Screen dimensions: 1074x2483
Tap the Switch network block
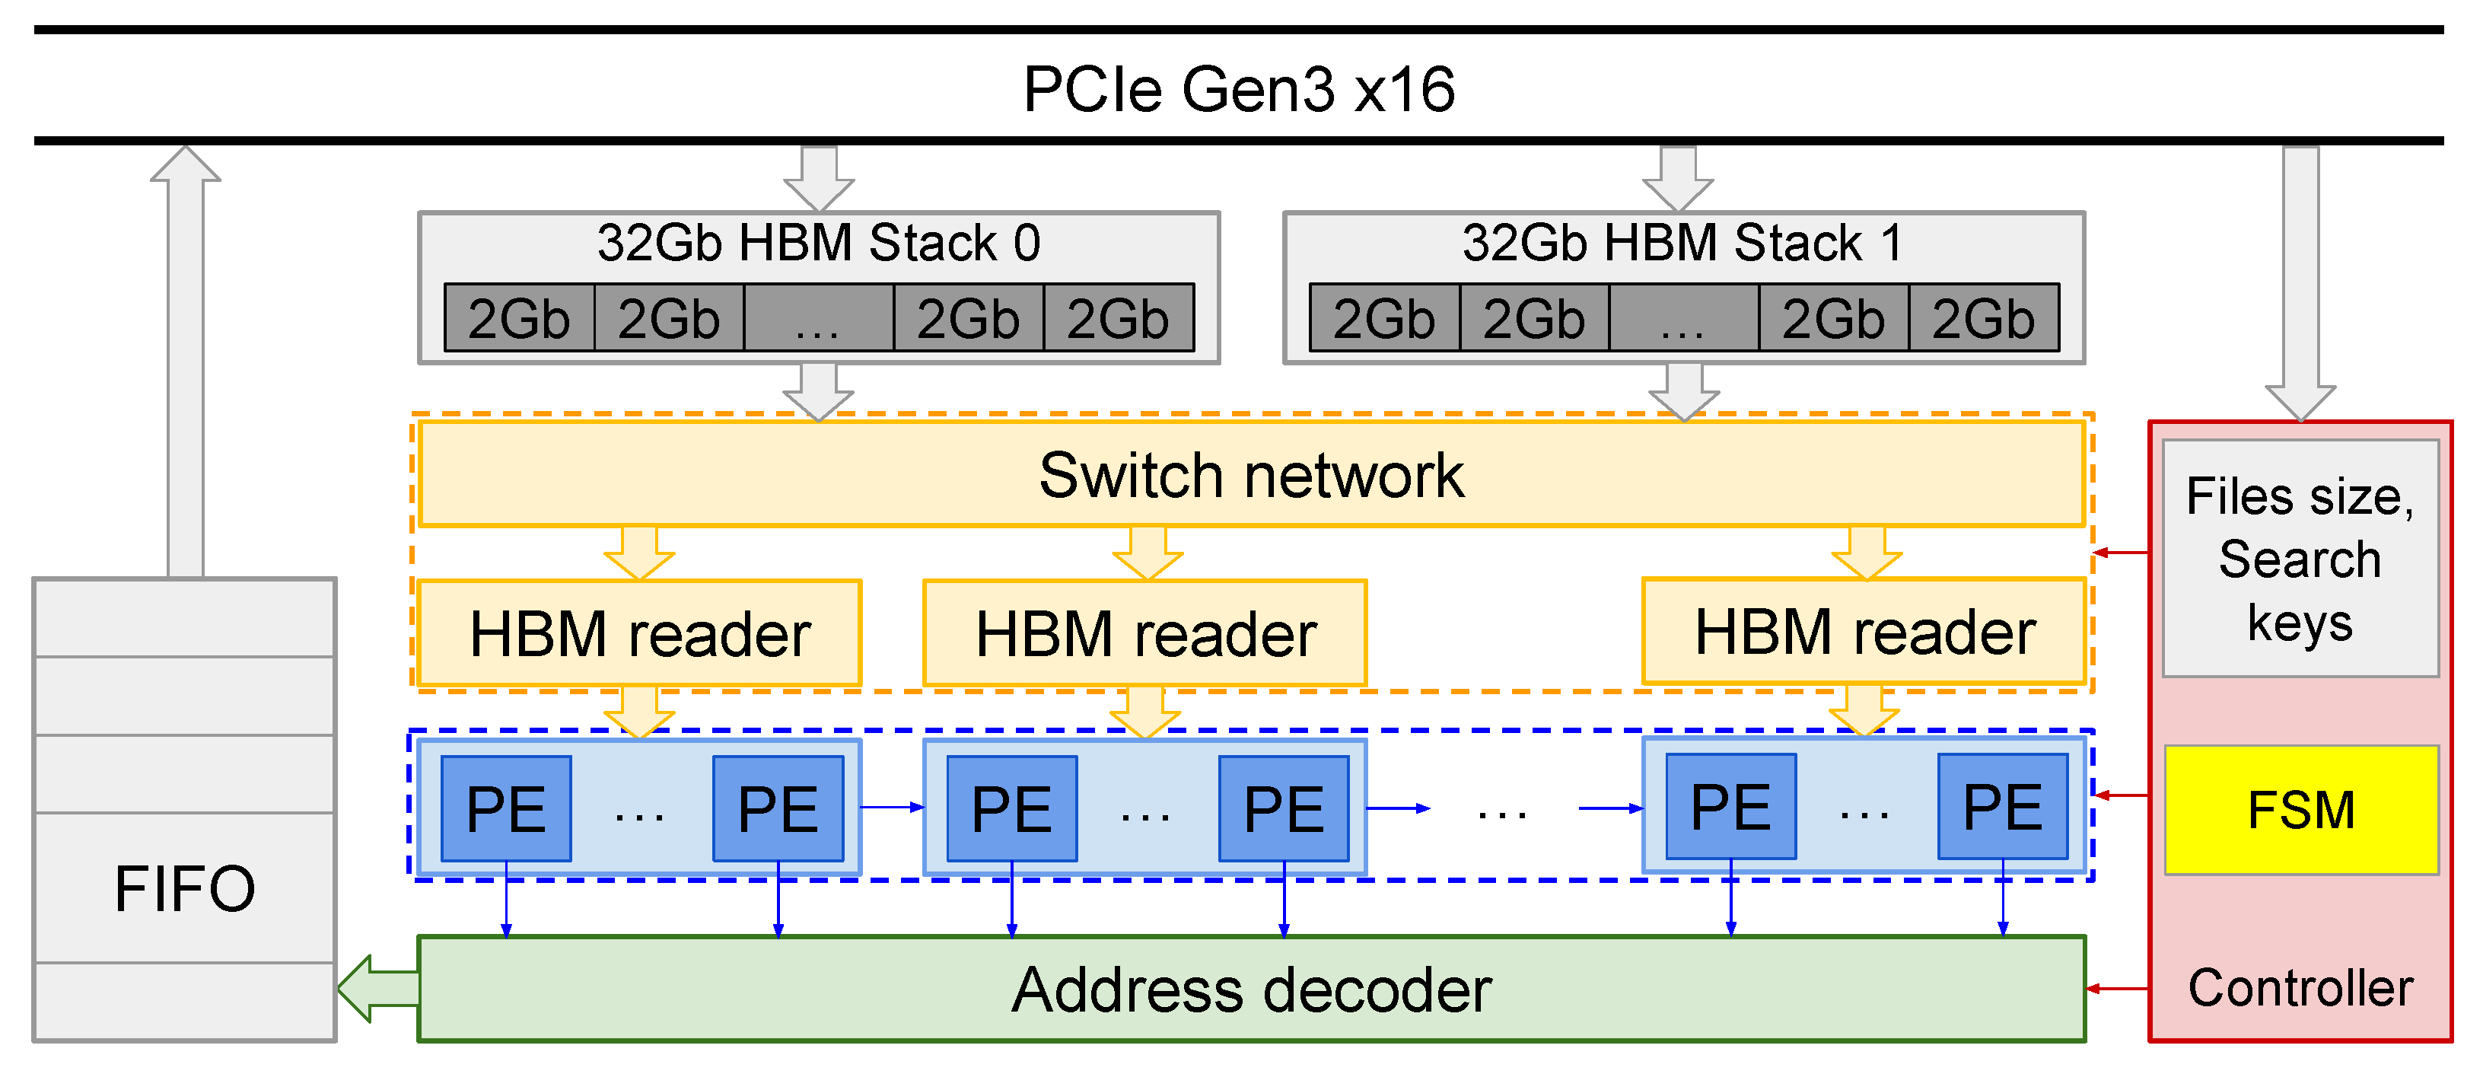(1251, 474)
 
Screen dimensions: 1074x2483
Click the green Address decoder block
(1251, 990)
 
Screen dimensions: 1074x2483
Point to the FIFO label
(184, 888)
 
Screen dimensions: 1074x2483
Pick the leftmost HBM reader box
(639, 633)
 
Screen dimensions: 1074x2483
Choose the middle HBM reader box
(1145, 633)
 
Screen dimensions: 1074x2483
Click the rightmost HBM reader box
(1864, 632)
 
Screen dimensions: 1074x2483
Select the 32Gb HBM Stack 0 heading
(818, 242)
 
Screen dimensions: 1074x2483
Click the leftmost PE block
(506, 808)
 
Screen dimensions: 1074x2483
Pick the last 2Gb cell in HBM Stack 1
(1983, 318)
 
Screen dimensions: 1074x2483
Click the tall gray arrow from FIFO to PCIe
(185, 366)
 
